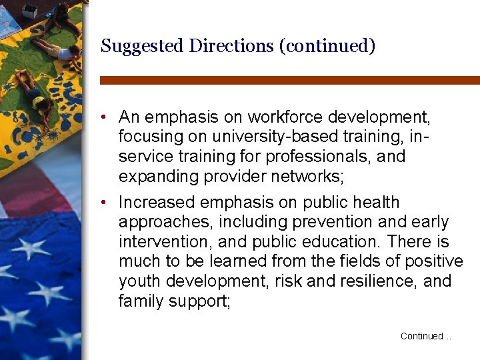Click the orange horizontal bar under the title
point(289,80)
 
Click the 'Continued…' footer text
point(425,337)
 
